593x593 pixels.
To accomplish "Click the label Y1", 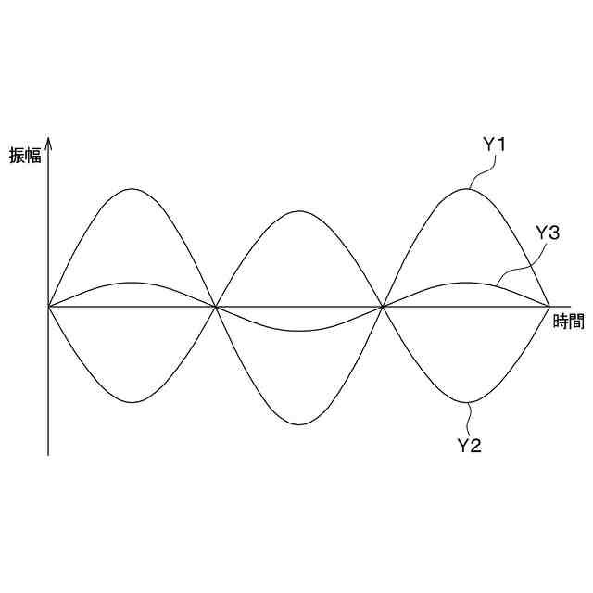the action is coord(493,145).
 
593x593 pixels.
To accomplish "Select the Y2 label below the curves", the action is coord(470,446).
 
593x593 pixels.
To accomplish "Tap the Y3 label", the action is coord(548,233).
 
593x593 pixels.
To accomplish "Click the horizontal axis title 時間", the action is coord(568,322).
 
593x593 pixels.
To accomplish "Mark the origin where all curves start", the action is coord(48,305).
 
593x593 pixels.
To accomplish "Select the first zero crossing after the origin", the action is coord(216,305).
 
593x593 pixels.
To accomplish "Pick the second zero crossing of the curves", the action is coord(383,305).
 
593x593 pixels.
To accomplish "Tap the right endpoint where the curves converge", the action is coord(550,305).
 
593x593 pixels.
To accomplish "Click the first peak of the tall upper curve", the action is coord(132,189).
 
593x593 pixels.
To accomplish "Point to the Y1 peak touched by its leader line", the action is coord(467,189).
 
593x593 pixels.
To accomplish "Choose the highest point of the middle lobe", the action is coord(299,211).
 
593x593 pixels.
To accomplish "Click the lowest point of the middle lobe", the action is coord(299,424).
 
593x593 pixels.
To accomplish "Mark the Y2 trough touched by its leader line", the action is coord(467,402).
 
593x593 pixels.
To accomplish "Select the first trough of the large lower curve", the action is coord(132,402).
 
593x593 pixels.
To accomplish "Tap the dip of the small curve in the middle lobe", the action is coord(299,331).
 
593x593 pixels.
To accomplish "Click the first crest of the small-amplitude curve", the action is coord(132,283).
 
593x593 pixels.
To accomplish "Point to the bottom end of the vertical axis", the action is coord(48,455).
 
